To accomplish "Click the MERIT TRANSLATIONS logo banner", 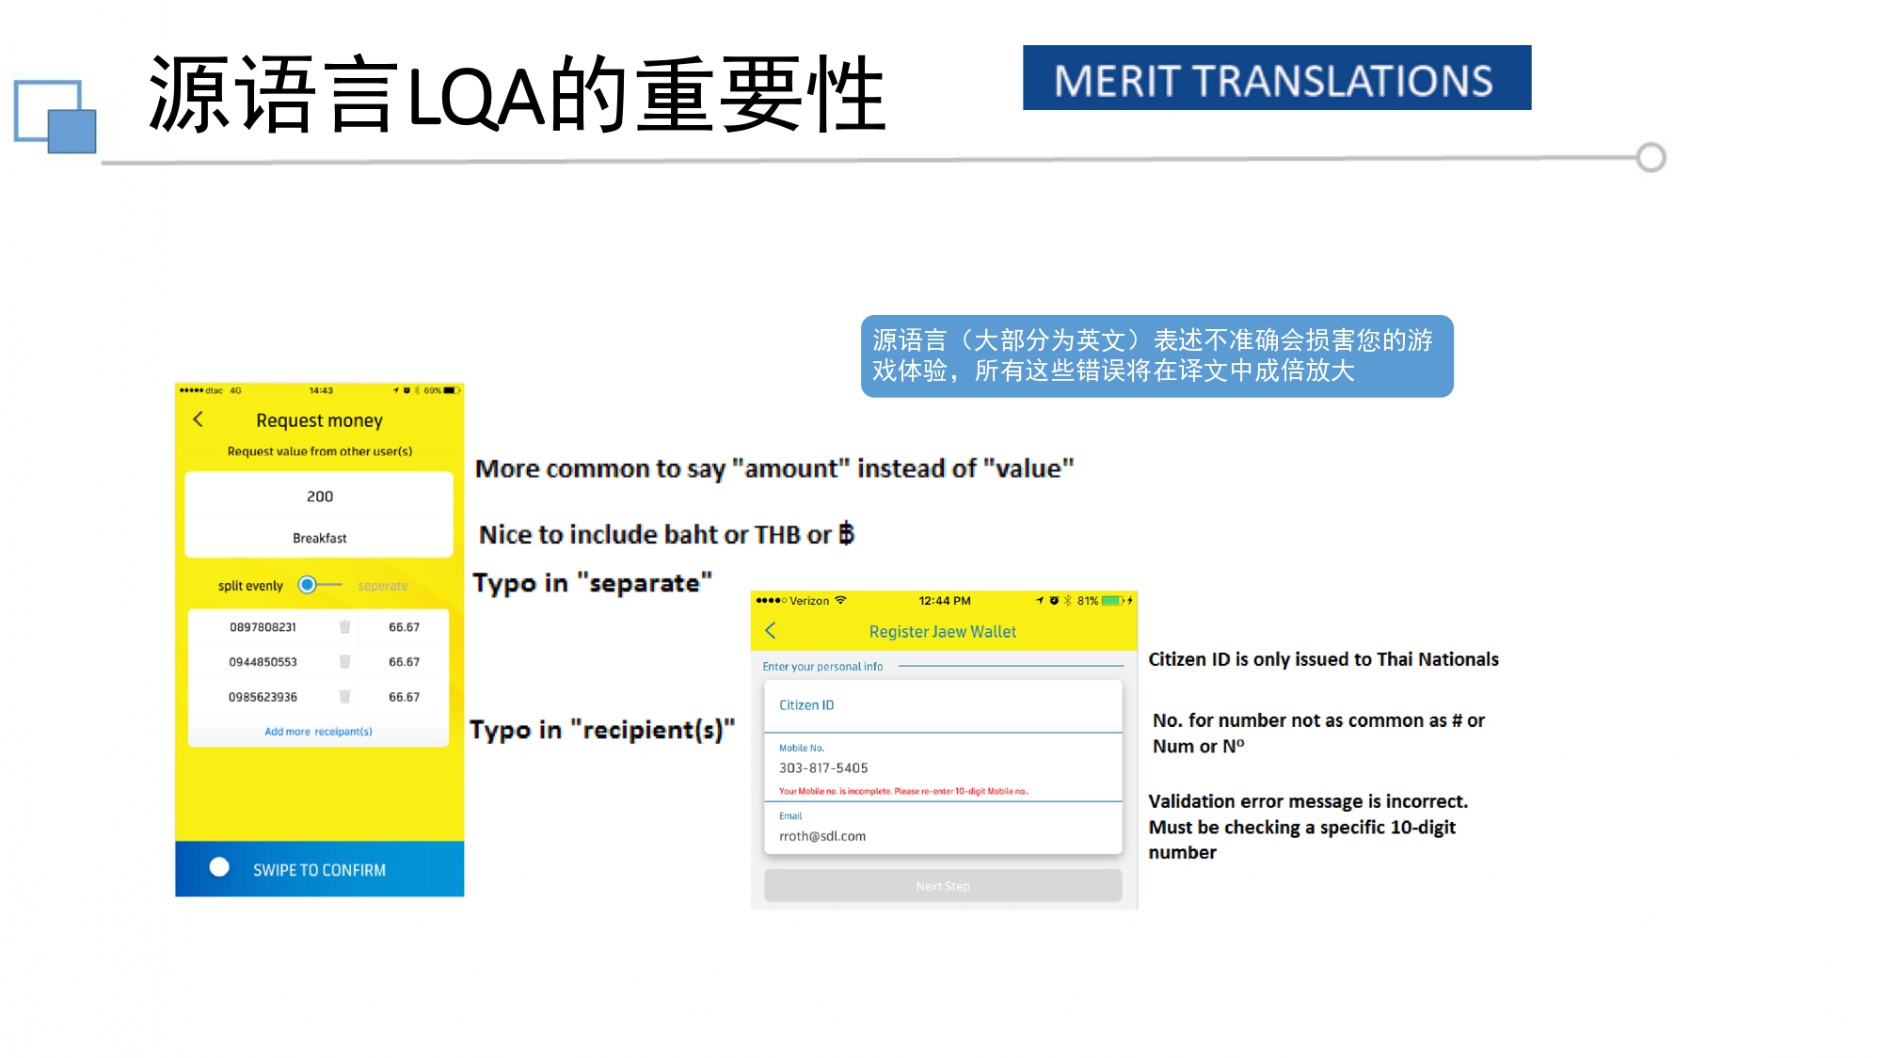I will (x=1276, y=78).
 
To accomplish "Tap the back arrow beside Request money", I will (x=199, y=419).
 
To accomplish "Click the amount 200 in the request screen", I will (x=320, y=497).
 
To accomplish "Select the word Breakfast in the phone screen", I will (x=320, y=538).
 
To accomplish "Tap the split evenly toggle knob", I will (x=308, y=585).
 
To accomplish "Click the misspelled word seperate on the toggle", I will (x=383, y=586).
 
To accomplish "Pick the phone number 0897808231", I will (x=263, y=627).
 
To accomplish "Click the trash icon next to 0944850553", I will (x=344, y=662).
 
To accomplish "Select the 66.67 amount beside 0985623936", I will (x=405, y=697).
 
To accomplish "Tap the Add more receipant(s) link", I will (x=318, y=732).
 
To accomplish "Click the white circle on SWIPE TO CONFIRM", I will (x=219, y=867).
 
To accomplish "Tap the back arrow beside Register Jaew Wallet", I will (x=771, y=631).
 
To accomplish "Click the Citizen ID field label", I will (x=806, y=705).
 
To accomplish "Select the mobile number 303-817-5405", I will (x=823, y=768).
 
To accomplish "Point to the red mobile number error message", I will (x=903, y=792).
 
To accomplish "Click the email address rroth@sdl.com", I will (x=822, y=836).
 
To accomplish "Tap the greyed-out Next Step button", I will (x=943, y=886).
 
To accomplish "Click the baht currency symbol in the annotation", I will (x=846, y=534).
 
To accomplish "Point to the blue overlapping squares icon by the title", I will (x=56, y=117).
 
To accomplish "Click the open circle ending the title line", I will (x=1651, y=157).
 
